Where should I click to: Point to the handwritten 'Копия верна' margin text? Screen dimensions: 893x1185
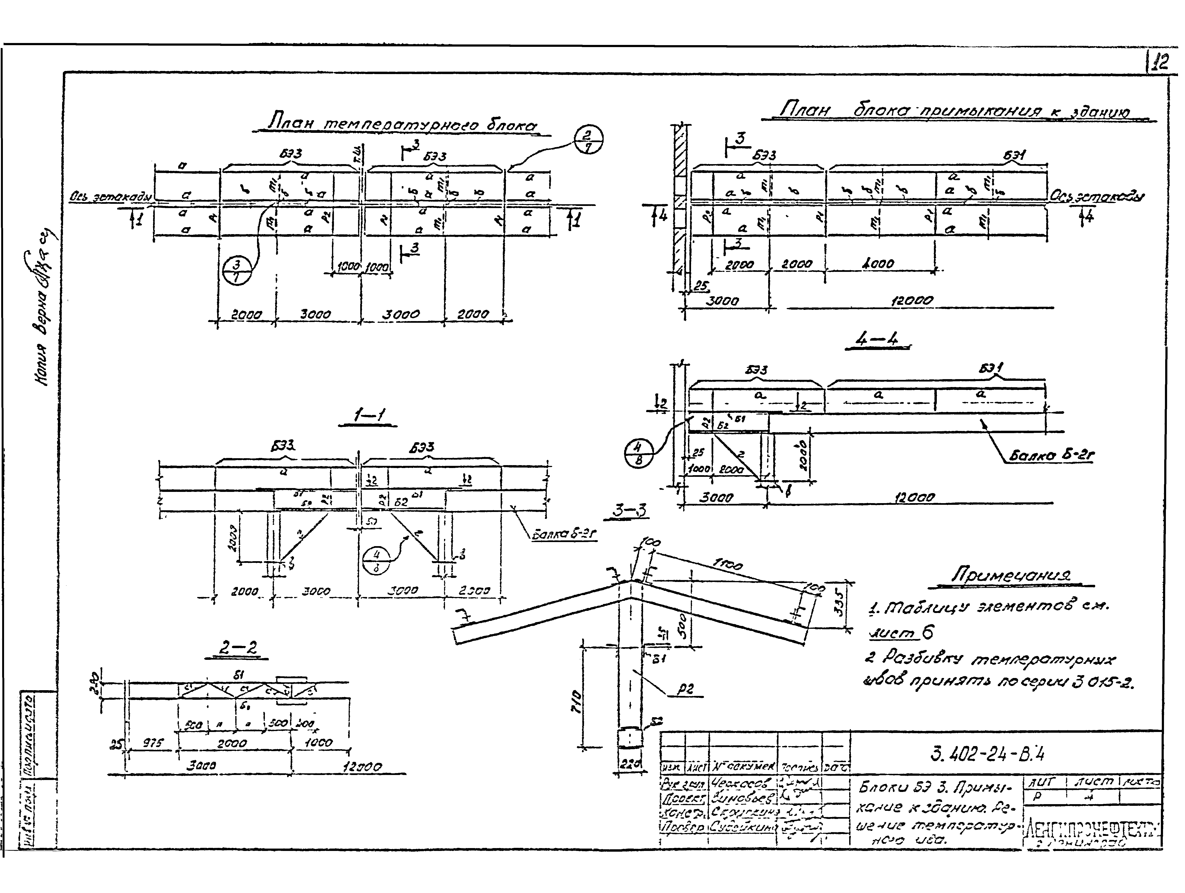pos(46,311)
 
